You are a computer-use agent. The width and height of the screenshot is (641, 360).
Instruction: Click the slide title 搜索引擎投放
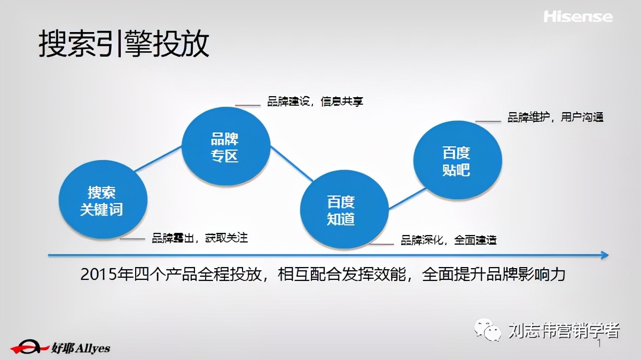point(123,44)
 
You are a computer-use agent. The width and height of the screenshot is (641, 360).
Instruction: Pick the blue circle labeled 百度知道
point(341,210)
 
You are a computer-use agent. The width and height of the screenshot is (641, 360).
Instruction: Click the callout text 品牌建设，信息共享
point(315,101)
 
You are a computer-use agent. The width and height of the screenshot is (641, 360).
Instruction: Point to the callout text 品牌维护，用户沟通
point(555,118)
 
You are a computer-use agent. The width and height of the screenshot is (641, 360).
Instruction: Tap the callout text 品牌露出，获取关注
point(200,238)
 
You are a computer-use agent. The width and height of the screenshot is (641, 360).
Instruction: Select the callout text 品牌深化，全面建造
point(449,240)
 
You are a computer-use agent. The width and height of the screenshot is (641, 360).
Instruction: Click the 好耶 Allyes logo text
point(81,348)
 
